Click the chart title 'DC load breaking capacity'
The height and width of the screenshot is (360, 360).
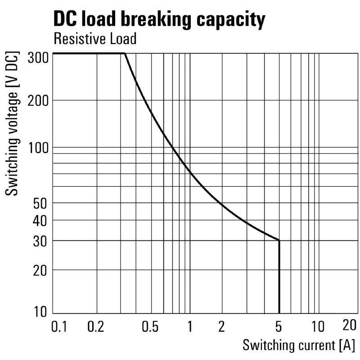(x=159, y=20)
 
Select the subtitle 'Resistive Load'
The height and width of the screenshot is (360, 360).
(x=94, y=39)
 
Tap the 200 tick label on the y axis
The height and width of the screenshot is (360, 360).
(x=38, y=100)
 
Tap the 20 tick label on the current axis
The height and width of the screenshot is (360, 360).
(x=349, y=325)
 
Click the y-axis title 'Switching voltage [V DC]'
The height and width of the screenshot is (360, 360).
(x=13, y=124)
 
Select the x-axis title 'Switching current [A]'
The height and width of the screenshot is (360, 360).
(x=299, y=346)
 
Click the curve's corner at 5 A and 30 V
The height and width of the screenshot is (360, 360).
(x=279, y=241)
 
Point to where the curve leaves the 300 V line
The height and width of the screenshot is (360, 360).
(x=124, y=54)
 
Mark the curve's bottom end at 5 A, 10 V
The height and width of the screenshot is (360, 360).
(x=279, y=313)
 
